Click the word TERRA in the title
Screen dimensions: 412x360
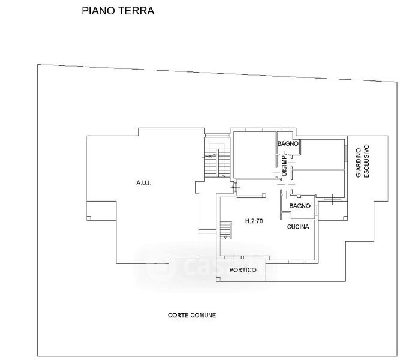(x=136, y=11)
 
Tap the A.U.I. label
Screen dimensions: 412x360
(x=144, y=183)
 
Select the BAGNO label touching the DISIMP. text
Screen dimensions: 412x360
(x=288, y=143)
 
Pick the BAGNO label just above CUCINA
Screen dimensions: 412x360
(x=299, y=206)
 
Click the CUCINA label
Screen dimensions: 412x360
(x=298, y=227)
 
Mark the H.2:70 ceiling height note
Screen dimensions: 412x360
(x=254, y=221)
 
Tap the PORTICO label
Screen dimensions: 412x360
(x=243, y=270)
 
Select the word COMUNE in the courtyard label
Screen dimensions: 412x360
(x=203, y=315)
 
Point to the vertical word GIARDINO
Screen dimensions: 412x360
(x=359, y=163)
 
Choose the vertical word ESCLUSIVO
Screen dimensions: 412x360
(x=366, y=161)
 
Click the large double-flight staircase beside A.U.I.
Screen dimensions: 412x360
(x=218, y=160)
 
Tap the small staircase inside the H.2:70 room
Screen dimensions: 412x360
(x=225, y=230)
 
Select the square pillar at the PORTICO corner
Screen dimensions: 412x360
(x=218, y=280)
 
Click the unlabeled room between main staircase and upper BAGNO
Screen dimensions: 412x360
(x=255, y=155)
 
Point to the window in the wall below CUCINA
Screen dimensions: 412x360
(x=297, y=262)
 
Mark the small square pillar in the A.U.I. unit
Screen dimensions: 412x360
(x=89, y=218)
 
